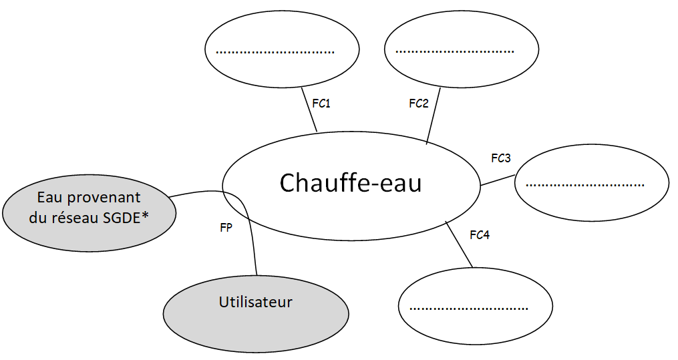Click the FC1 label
pos(321,104)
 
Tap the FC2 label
pos(419,104)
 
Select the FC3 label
pos(500,158)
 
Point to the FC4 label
pos(480,234)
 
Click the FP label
pos(226,227)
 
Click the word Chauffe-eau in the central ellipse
pos(350,182)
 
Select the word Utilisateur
pos(256,302)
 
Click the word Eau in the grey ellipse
pos(49,197)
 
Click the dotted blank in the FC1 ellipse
pos(275,51)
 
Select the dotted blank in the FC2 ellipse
pos(454,51)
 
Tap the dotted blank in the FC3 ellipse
pos(584,184)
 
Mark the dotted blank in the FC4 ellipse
pos(468,308)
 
